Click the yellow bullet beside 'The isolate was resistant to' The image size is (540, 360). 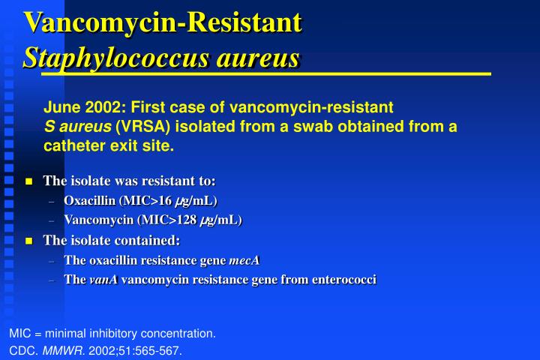tap(29, 181)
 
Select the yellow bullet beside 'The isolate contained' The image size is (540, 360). tap(29, 241)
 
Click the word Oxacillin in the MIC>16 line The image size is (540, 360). tap(88, 200)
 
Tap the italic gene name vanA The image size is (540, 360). tap(103, 280)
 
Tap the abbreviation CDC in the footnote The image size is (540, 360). tap(20, 350)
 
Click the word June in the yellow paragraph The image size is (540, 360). tap(59, 106)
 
